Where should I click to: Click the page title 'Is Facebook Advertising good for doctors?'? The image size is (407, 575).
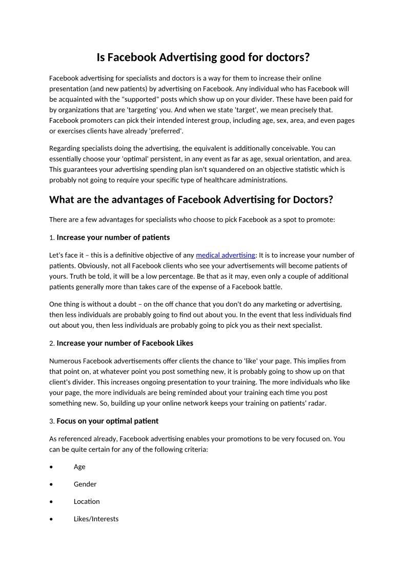(x=203, y=57)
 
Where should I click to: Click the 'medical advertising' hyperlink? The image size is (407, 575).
(x=225, y=255)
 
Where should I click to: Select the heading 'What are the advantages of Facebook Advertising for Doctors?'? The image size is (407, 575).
(x=191, y=199)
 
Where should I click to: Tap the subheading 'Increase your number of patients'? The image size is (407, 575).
(x=113, y=238)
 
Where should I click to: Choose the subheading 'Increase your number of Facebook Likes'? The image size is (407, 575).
(x=125, y=343)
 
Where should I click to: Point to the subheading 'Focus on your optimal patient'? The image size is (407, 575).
(x=107, y=421)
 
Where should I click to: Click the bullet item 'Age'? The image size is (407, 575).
(x=79, y=467)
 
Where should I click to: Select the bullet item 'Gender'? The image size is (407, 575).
(x=85, y=484)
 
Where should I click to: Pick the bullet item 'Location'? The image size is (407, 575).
(x=87, y=502)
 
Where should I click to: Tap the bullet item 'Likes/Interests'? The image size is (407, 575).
(x=96, y=519)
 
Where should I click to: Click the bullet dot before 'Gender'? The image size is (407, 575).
(x=51, y=484)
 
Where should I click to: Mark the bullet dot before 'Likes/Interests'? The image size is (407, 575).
(x=51, y=519)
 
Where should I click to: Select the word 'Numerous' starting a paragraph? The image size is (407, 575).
(x=64, y=361)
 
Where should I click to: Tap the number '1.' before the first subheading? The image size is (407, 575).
(x=52, y=238)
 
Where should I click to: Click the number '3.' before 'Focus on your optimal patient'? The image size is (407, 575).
(x=52, y=421)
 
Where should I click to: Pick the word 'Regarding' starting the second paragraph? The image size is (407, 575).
(x=65, y=148)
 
